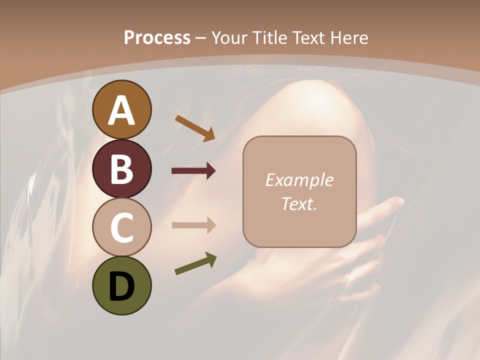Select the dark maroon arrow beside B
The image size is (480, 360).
click(193, 171)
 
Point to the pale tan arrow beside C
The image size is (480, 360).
click(193, 225)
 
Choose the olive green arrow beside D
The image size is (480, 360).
click(195, 263)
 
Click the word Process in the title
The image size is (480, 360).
click(157, 37)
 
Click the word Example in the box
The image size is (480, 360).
click(299, 180)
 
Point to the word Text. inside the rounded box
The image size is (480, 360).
click(299, 203)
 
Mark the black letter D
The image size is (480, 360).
click(121, 286)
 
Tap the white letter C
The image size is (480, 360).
click(121, 227)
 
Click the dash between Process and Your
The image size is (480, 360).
click(201, 38)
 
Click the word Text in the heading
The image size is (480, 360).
click(307, 37)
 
